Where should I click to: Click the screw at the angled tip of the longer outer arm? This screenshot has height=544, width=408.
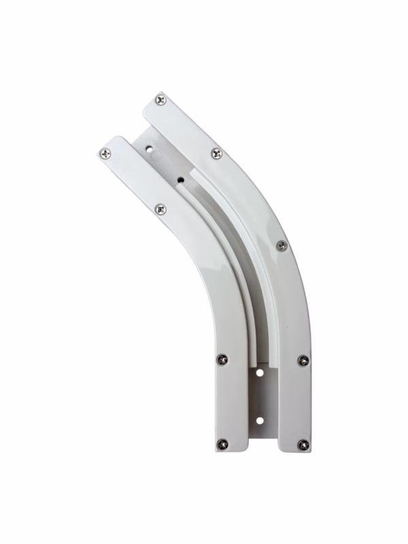click(x=160, y=99)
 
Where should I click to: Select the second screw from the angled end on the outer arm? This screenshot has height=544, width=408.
click(x=216, y=154)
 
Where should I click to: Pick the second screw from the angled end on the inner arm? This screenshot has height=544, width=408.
click(x=160, y=209)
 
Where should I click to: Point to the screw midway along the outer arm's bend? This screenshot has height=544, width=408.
click(x=282, y=245)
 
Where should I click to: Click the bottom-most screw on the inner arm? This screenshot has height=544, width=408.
click(x=222, y=444)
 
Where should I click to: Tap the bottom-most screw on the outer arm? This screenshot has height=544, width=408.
click(x=303, y=445)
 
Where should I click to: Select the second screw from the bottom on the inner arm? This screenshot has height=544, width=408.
click(x=222, y=359)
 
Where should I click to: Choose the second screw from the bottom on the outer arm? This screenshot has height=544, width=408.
click(x=303, y=360)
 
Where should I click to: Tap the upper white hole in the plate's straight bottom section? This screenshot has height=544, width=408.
click(x=259, y=373)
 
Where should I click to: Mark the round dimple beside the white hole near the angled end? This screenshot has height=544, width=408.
click(x=158, y=156)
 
